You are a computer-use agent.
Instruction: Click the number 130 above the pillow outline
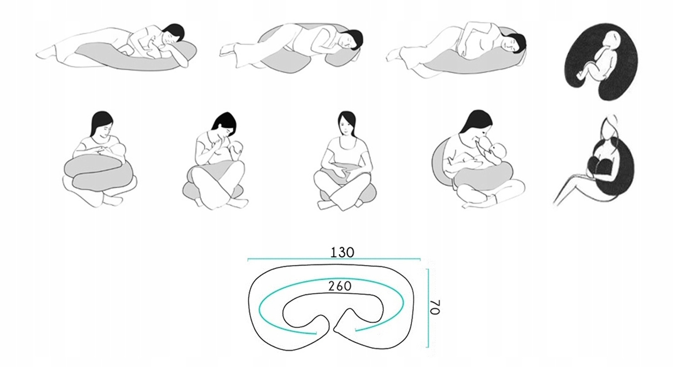pos(342,253)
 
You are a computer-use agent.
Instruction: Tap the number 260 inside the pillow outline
pos(340,287)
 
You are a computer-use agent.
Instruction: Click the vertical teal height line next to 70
pos(428,308)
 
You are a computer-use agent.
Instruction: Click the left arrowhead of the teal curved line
pos(314,333)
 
